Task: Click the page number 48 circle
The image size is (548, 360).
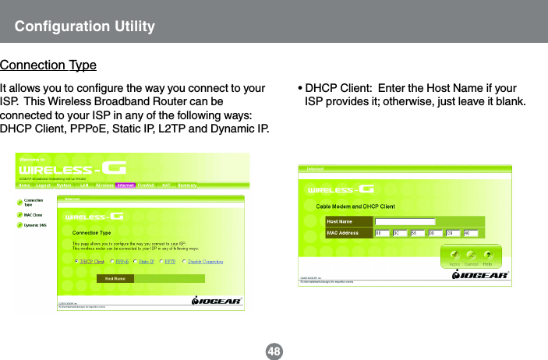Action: [274, 351]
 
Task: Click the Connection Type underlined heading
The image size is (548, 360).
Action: [48, 64]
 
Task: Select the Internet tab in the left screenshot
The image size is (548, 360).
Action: [126, 185]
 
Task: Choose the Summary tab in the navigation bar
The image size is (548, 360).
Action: [187, 185]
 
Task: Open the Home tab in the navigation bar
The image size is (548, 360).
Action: [25, 185]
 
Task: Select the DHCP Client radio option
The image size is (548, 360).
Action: [76, 262]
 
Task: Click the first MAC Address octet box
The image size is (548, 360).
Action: [383, 232]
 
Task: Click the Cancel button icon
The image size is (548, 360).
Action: [470, 256]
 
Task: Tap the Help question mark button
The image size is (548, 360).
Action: [488, 256]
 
